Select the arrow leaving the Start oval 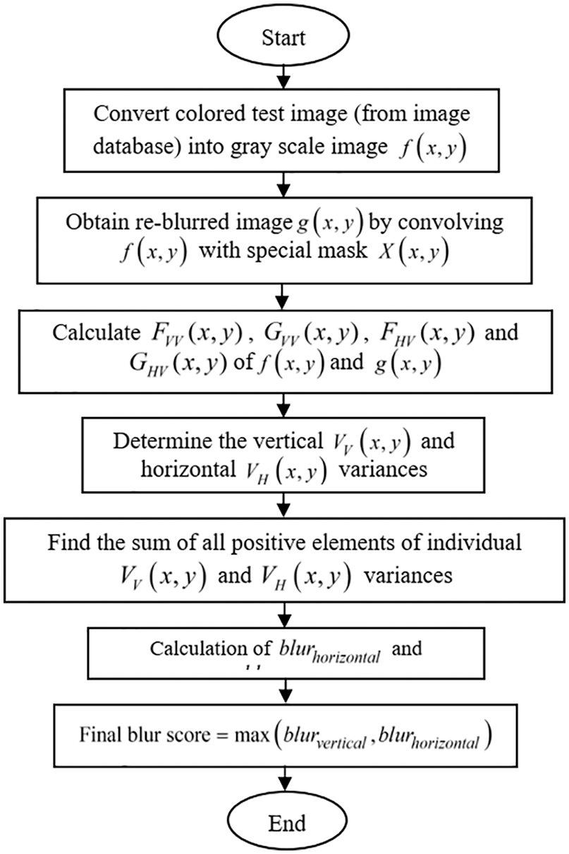(283, 73)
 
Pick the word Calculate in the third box (97, 332)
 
